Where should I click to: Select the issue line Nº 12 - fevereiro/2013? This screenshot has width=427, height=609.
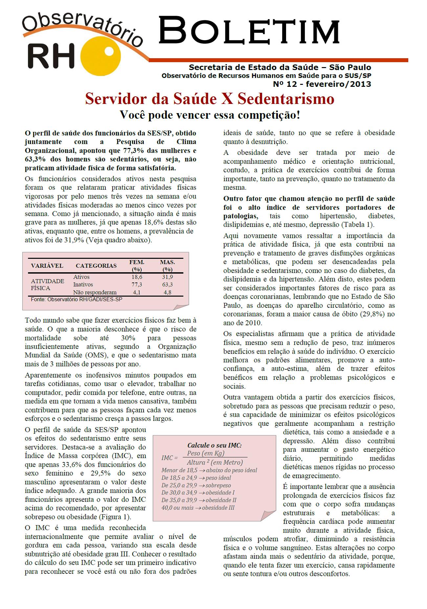click(x=322, y=84)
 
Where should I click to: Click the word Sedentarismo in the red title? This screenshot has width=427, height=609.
click(x=285, y=99)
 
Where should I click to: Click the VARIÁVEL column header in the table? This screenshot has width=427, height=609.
click(x=47, y=266)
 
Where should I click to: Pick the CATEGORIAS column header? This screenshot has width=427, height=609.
click(x=96, y=266)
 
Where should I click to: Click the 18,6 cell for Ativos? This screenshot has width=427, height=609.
click(x=137, y=277)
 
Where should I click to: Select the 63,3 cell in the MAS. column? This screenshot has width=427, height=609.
click(x=167, y=285)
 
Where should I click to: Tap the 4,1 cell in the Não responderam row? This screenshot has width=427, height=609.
click(x=137, y=292)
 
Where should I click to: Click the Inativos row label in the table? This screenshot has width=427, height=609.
click(x=83, y=285)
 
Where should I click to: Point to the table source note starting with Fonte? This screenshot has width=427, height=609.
click(x=77, y=300)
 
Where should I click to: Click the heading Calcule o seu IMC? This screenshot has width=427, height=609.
click(x=214, y=445)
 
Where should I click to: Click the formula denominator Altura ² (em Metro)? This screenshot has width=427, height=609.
click(x=215, y=462)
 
